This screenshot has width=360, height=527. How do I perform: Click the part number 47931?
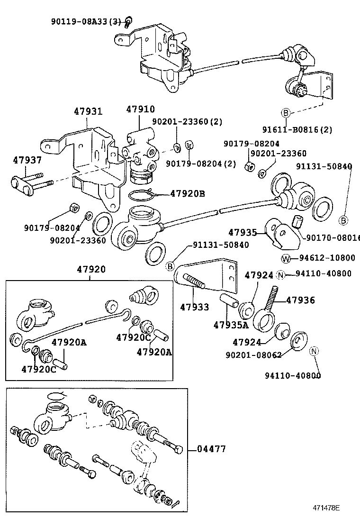pyautogui.click(x=88, y=112)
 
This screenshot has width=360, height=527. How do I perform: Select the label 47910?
pyautogui.click(x=140, y=109)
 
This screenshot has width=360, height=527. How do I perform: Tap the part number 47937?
pyautogui.click(x=27, y=160)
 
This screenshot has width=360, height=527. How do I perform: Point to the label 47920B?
pyautogui.click(x=188, y=193)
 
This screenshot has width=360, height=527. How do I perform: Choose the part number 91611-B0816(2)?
pyautogui.click(x=297, y=129)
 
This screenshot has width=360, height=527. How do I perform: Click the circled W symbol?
pyautogui.click(x=286, y=258)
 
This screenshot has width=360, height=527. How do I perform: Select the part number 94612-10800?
pyautogui.click(x=326, y=258)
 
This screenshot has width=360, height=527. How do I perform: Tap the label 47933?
pyautogui.click(x=194, y=308)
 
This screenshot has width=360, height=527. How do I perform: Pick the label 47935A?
pyautogui.click(x=231, y=325)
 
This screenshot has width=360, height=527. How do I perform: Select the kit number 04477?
pyautogui.click(x=212, y=449)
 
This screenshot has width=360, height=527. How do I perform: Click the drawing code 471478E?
pyautogui.click(x=325, y=508)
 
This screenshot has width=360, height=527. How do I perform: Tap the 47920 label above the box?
pyautogui.click(x=91, y=269)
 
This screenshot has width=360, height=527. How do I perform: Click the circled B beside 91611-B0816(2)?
pyautogui.click(x=286, y=113)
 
